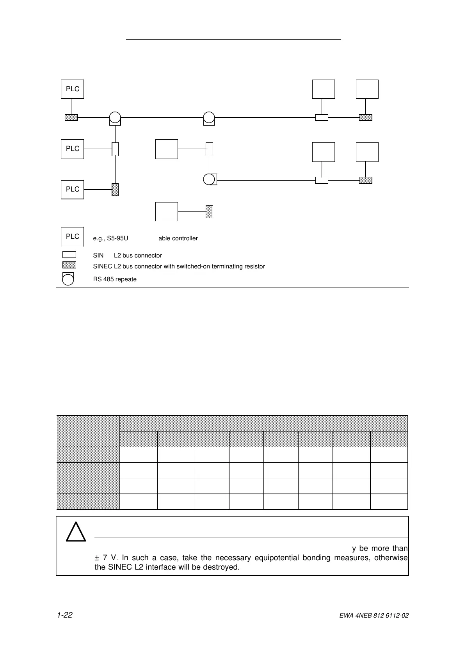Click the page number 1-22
pyautogui.click(x=65, y=615)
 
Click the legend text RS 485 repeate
pyautogui.click(x=115, y=279)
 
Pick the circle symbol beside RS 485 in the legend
pyautogui.click(x=68, y=279)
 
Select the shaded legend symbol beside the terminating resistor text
pyautogui.click(x=69, y=265)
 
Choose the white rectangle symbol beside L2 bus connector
pyautogui.click(x=69, y=255)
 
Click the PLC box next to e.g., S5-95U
pyautogui.click(x=73, y=236)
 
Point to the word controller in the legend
pyautogui.click(x=185, y=238)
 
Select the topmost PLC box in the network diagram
pyautogui.click(x=73, y=89)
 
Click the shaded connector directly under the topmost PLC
pyautogui.click(x=71, y=117)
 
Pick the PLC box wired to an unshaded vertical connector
pyautogui.click(x=73, y=149)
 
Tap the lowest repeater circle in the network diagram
pyautogui.click(x=209, y=179)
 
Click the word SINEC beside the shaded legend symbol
pyautogui.click(x=102, y=266)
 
